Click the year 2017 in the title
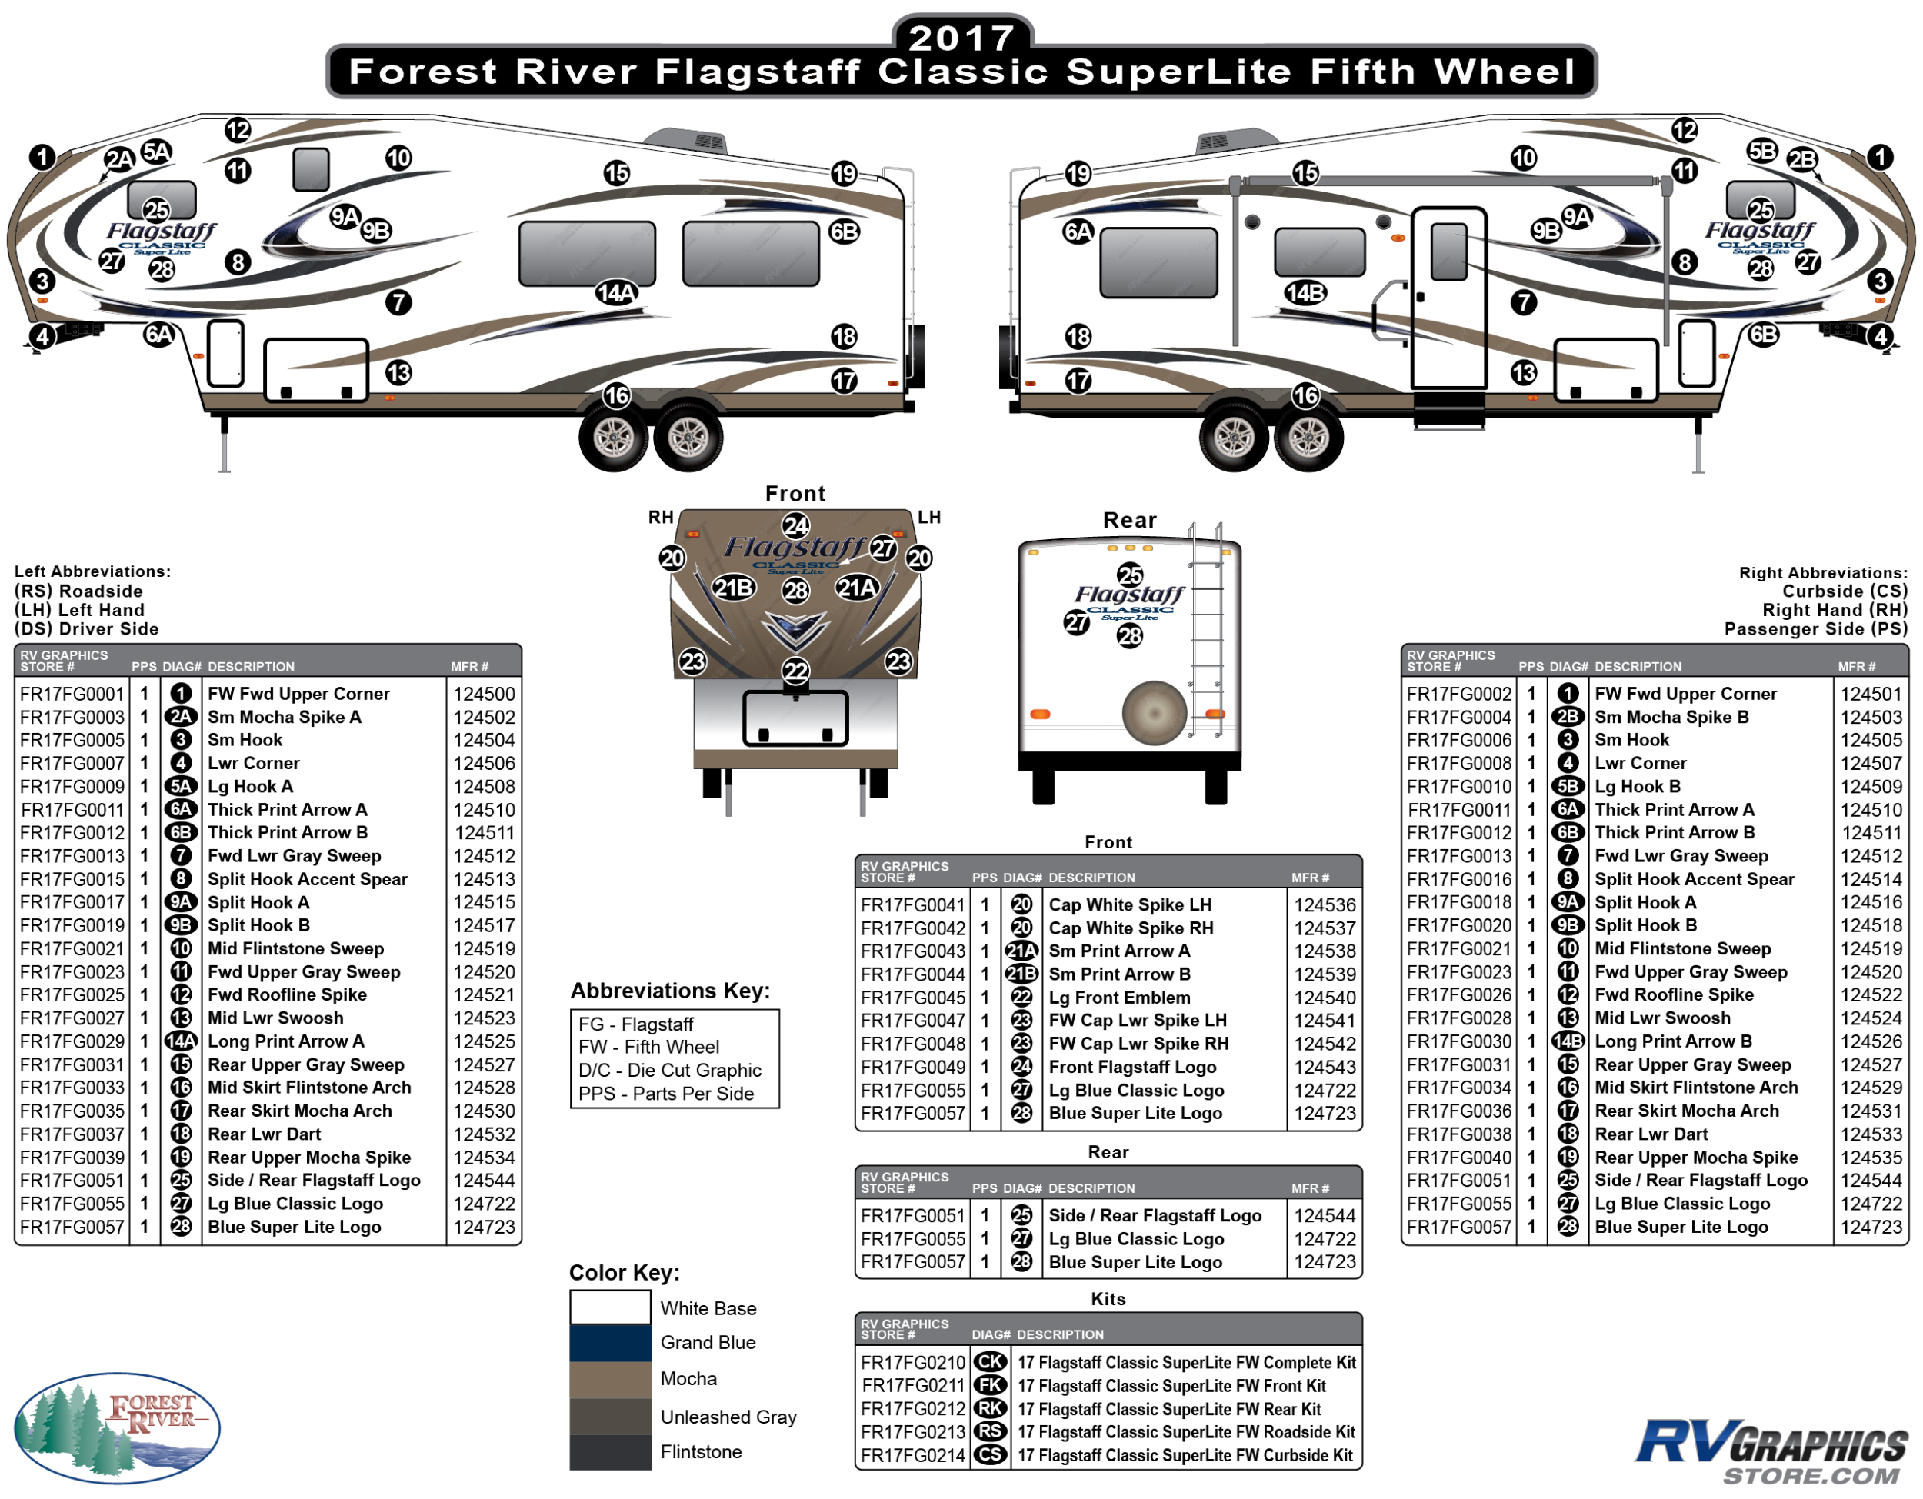(961, 38)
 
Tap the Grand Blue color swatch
(610, 1343)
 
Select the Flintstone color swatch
(610, 1452)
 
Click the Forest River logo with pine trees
(117, 1427)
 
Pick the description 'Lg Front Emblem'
(1119, 998)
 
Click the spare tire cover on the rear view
(1155, 713)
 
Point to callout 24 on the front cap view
(796, 526)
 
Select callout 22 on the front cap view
(796, 671)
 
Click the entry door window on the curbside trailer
(1449, 251)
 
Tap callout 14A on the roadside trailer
(616, 292)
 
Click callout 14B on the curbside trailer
(1305, 292)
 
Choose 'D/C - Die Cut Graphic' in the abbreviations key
(669, 1071)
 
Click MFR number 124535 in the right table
(1871, 1158)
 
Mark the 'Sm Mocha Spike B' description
(1671, 718)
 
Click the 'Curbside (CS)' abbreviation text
(1845, 591)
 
